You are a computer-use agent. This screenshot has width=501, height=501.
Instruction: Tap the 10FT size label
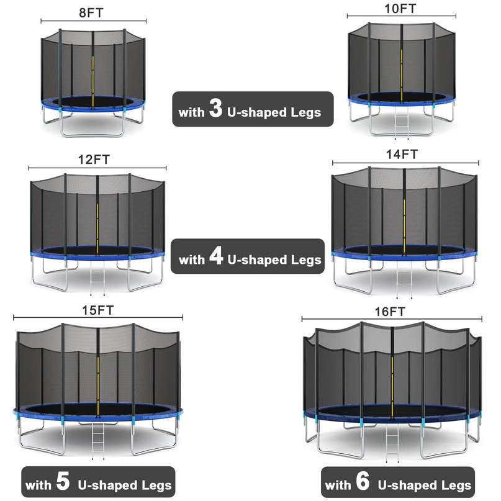[x=401, y=8]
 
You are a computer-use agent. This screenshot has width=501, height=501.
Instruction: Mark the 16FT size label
[x=392, y=312]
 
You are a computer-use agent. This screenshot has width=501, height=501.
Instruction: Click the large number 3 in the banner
[x=215, y=111]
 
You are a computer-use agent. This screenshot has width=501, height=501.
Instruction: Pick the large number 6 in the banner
[x=363, y=482]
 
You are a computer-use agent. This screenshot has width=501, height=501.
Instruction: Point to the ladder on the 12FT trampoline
[x=98, y=280]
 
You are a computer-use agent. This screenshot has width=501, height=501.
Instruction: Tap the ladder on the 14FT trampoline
[x=405, y=280]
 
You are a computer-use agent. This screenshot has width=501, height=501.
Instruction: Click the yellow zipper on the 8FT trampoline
[x=93, y=78]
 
